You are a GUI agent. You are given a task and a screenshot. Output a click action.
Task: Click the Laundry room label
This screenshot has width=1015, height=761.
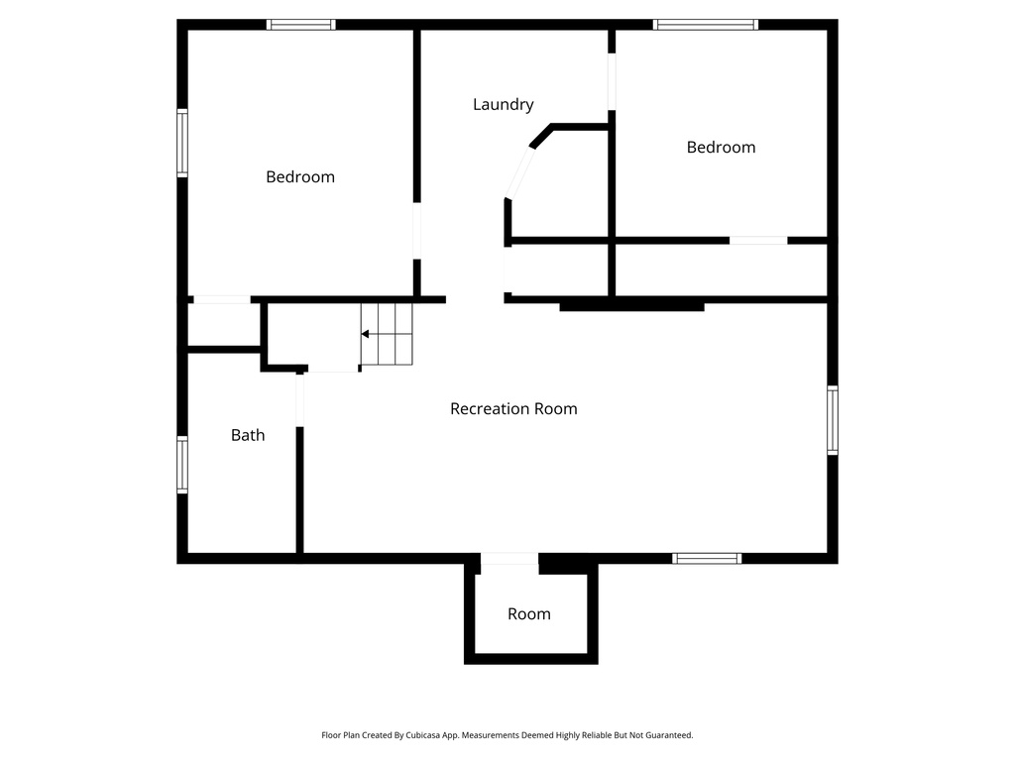[x=503, y=104]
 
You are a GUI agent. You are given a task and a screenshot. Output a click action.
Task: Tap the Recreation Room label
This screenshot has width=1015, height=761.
[x=513, y=408]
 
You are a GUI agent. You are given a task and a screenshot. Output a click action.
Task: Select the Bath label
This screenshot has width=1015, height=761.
[x=248, y=434]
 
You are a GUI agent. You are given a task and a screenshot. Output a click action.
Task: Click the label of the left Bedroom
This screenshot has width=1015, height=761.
[x=300, y=176]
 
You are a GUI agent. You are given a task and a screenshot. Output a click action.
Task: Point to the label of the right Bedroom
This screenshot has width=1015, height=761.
[x=721, y=147]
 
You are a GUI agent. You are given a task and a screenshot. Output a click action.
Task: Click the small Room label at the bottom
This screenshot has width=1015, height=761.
[x=528, y=613]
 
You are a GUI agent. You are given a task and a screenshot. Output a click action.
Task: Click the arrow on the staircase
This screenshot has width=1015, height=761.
[x=366, y=335]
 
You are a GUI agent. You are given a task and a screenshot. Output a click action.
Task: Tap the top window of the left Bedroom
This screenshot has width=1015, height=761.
[x=301, y=25]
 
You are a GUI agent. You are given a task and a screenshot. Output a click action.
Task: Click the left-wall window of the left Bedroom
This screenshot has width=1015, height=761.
[x=182, y=143]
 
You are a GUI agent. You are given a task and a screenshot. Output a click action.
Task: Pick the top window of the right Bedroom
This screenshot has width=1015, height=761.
[x=706, y=25]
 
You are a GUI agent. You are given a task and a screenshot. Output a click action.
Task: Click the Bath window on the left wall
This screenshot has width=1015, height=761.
[x=182, y=466]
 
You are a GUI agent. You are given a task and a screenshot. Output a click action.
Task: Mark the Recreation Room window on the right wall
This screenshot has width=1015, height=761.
[x=833, y=420]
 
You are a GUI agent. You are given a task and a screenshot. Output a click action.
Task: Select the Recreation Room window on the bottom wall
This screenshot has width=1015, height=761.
[x=707, y=559]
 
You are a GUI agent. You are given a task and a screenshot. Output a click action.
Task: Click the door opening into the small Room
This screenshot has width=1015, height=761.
[x=509, y=559]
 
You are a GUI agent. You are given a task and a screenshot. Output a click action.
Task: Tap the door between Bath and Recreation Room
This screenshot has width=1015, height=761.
[x=299, y=399]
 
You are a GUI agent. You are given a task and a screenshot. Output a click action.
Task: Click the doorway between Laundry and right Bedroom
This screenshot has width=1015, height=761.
[x=612, y=81]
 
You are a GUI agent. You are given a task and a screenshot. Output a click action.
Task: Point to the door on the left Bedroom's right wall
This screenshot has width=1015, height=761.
[x=417, y=232]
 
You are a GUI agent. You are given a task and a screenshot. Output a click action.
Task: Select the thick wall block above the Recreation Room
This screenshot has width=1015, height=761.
[x=631, y=307]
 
